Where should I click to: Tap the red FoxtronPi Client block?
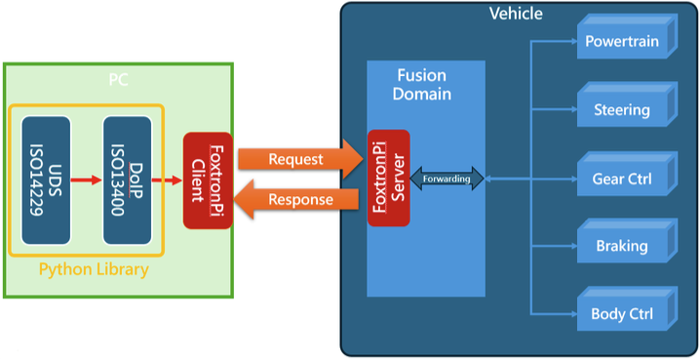coord(208,180)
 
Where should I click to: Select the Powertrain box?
coord(624,41)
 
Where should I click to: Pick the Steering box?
coord(624,109)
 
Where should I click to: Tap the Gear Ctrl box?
coord(624,179)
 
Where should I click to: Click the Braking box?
coord(624,246)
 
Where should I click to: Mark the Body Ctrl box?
coord(624,314)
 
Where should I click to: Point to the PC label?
coord(118,78)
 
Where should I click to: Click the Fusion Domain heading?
coord(424,85)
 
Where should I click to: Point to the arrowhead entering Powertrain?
coord(572,42)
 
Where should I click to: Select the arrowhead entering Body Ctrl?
coord(572,314)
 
